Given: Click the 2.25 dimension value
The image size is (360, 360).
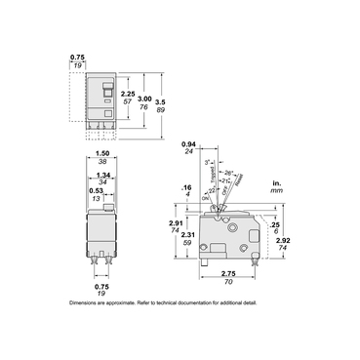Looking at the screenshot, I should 126,92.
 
